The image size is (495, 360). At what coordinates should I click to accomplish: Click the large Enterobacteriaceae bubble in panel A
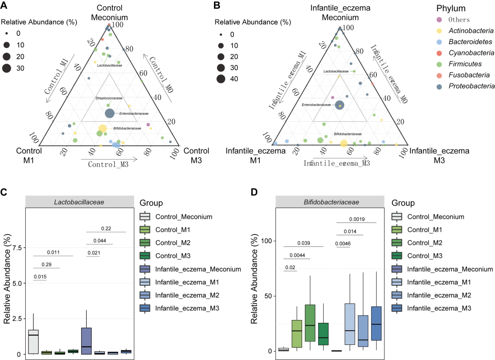110,113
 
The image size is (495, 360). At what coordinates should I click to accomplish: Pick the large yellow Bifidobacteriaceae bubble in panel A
102,129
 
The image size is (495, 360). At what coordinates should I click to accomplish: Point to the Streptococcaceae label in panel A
109,98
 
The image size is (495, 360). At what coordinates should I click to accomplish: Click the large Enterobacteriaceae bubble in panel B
340,105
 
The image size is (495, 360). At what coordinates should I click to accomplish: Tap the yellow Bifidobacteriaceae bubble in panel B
344,144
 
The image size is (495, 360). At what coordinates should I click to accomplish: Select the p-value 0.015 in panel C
40,276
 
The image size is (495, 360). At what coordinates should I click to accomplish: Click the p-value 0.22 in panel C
106,228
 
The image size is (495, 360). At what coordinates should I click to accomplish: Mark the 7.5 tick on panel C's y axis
17,248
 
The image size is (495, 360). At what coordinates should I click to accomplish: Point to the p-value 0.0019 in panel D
357,219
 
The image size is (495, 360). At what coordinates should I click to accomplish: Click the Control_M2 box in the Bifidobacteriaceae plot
309,323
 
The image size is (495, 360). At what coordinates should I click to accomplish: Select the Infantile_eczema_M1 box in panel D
349,324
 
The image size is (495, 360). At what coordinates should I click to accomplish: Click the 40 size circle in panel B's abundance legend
220,78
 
